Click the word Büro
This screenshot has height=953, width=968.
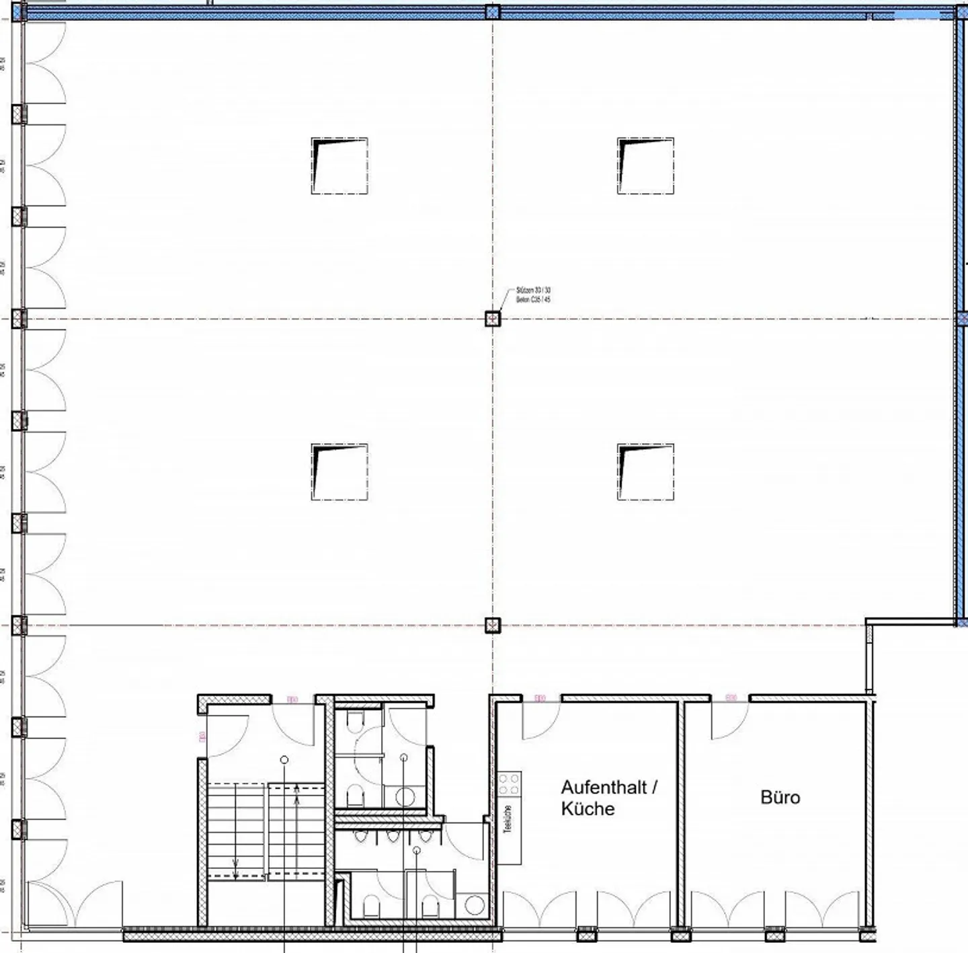(780, 798)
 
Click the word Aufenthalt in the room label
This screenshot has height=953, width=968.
(604, 787)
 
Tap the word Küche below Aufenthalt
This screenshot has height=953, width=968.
(588, 808)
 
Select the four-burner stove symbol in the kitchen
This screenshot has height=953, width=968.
(509, 784)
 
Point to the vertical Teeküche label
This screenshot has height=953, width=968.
(508, 819)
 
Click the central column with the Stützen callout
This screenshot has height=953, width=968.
(493, 318)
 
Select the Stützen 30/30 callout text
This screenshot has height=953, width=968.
(533, 295)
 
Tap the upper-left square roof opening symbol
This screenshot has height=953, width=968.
(339, 165)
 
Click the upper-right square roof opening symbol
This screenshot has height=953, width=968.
(645, 165)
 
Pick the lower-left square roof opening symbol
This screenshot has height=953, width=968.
(339, 471)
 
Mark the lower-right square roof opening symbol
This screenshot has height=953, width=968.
(645, 471)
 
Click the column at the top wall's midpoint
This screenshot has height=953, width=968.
(493, 11)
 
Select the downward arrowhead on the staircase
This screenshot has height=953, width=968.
(235, 872)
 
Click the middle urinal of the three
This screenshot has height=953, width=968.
(392, 836)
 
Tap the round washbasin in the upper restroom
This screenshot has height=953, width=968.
(405, 797)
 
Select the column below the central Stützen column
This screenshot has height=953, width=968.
(493, 625)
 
